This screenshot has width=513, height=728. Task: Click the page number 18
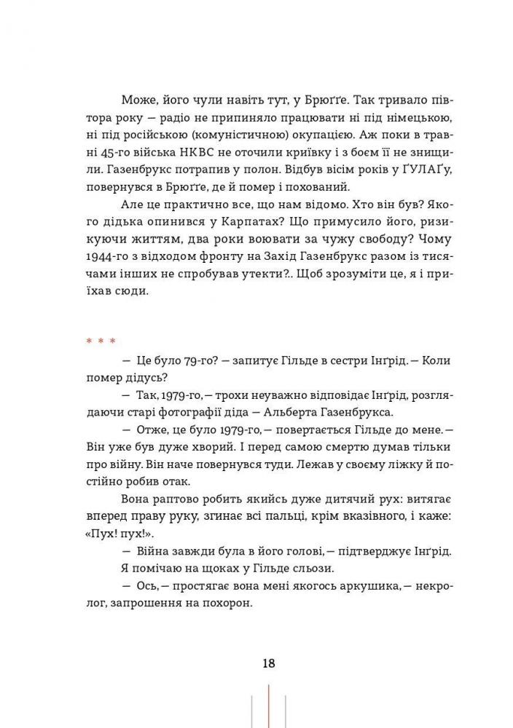(268, 663)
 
